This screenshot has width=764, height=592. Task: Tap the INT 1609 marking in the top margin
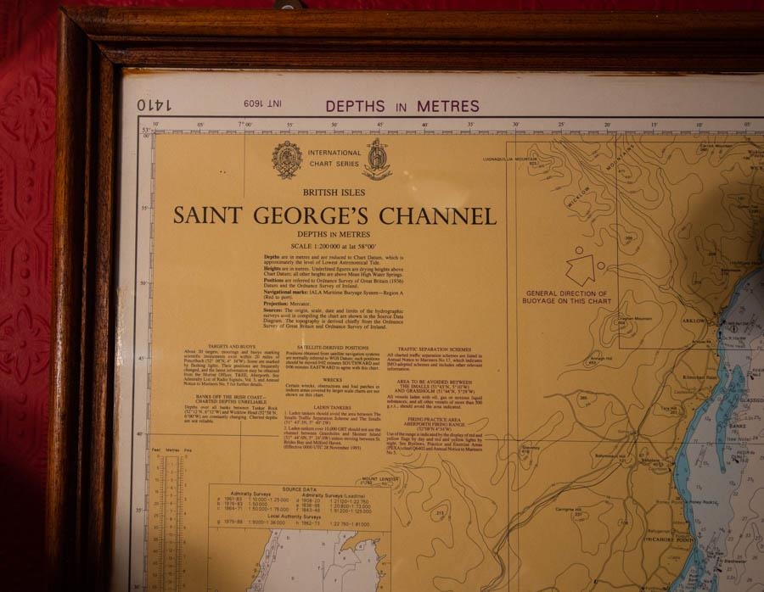coord(264,104)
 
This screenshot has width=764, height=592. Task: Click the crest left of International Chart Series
coord(286,159)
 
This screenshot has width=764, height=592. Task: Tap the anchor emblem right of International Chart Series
coord(376,159)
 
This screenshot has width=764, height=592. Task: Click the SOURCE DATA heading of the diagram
coord(300,489)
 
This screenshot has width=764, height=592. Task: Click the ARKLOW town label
coord(692,321)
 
